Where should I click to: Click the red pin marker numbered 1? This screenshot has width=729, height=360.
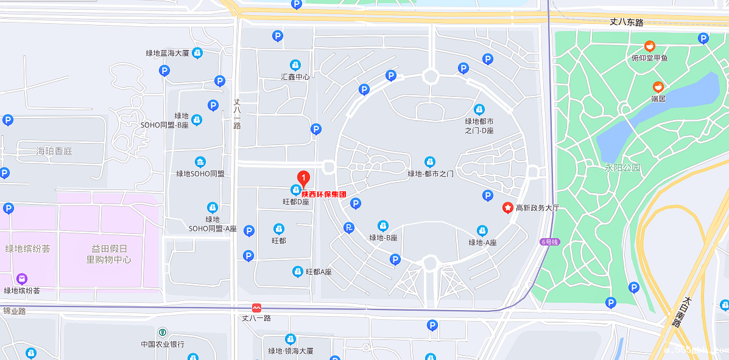point(303,178)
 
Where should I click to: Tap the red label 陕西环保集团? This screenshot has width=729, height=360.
point(324,194)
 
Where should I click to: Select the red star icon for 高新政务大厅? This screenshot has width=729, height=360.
point(507,208)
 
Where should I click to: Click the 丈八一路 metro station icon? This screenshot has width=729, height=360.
point(256,308)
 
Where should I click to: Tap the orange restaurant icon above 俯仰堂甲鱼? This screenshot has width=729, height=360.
point(650,46)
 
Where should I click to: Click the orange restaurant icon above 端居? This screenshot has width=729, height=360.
point(658,87)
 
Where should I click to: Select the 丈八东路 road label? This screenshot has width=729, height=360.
point(626,22)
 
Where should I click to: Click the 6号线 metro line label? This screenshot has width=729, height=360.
point(549,242)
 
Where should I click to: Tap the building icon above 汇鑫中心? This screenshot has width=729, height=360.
point(295,65)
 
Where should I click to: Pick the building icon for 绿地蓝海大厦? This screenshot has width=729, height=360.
point(197,53)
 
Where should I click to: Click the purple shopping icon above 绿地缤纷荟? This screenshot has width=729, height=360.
point(22,279)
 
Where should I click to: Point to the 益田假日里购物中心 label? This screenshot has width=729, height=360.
point(108,254)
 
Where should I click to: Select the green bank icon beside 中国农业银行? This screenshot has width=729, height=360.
point(163,333)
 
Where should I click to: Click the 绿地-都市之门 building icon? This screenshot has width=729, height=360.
point(430,162)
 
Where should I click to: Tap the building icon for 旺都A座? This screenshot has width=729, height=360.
point(298,272)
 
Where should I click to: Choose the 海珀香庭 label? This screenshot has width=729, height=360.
point(54,150)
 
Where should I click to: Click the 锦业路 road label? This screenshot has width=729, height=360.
point(14,311)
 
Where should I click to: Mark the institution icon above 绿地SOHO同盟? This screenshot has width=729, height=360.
point(200,162)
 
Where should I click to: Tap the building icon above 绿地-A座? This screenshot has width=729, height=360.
point(482,231)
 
